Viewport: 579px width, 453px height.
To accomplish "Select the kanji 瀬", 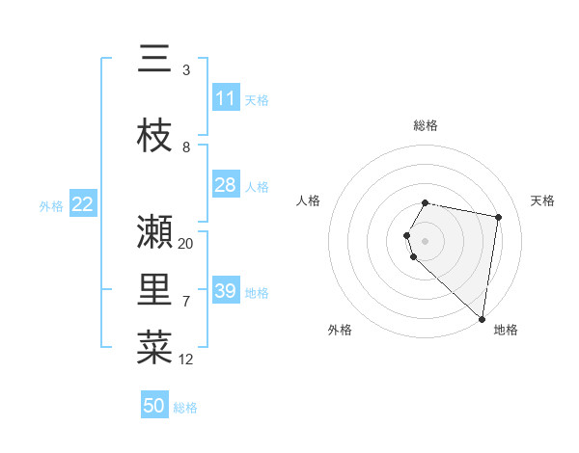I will tap(154, 231).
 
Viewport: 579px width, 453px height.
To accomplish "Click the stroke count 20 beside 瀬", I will tap(186, 243).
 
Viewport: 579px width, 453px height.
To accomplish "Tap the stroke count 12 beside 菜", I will tap(186, 360).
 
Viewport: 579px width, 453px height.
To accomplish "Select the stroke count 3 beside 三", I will tap(186, 70).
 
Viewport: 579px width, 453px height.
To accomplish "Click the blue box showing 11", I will tap(226, 98).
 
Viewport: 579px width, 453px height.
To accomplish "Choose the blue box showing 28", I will tap(226, 185).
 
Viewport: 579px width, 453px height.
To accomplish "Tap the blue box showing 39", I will tap(226, 291).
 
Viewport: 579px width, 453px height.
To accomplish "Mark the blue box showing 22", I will tap(83, 204).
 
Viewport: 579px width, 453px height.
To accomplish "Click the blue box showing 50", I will tap(154, 406).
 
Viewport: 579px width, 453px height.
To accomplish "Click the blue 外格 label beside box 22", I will tap(51, 205).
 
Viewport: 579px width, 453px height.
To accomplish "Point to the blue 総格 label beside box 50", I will tap(185, 408).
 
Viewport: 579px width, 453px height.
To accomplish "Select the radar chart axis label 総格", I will tap(426, 125).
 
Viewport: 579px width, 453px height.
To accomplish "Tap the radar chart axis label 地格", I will tap(506, 330).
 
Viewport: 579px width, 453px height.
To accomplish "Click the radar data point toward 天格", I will tap(498, 217).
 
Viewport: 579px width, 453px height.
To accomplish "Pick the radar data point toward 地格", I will tap(482, 318).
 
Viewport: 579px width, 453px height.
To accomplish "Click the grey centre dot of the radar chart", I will tap(426, 240).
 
